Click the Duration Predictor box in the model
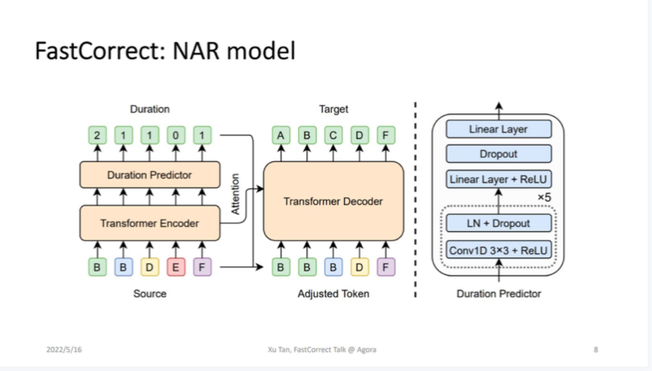[150, 175]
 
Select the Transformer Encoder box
[150, 223]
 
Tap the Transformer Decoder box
[333, 201]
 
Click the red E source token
[176, 267]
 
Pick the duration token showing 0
[176, 135]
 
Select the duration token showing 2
[97, 135]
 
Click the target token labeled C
[333, 135]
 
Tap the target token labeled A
[281, 135]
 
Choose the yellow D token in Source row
[150, 267]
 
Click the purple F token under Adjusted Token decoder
[385, 267]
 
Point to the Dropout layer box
[499, 154]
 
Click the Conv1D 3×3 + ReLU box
[499, 250]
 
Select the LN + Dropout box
[499, 223]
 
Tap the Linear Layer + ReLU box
[499, 179]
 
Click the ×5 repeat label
[544, 197]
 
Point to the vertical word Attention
[235, 194]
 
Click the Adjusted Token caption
[333, 294]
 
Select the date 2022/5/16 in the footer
[64, 349]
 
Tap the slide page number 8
[596, 349]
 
